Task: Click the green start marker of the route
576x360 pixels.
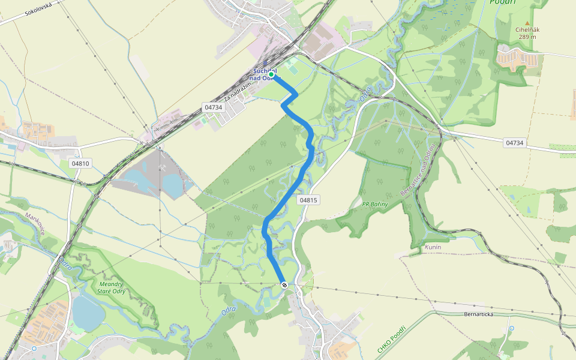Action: point(271,74)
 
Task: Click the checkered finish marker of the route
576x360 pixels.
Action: point(284,285)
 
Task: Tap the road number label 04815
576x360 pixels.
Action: point(307,200)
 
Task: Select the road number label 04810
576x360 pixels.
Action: point(80,163)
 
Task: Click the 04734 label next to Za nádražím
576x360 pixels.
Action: point(213,107)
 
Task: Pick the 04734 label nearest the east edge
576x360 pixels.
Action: point(514,143)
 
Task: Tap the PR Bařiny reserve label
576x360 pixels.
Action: point(375,205)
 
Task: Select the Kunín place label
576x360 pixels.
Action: point(433,247)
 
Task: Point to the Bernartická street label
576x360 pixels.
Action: point(478,314)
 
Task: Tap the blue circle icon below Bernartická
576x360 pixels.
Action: point(511,329)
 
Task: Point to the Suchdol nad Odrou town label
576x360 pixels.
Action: point(264,74)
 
